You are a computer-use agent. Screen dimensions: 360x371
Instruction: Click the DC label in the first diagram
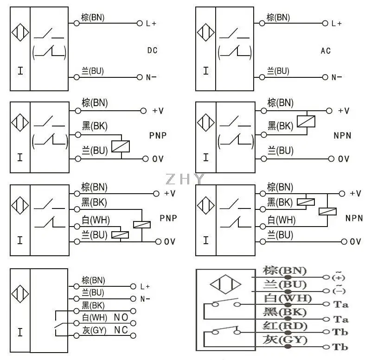(x=152, y=50)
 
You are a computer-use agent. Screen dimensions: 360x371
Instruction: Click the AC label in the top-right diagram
(x=326, y=50)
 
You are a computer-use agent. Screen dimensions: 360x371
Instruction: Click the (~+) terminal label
(x=339, y=277)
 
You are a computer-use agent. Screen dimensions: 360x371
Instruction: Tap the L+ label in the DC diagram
(x=151, y=23)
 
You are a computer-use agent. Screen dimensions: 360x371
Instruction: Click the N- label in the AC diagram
(x=336, y=77)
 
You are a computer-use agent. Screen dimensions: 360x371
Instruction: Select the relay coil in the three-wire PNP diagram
(x=121, y=146)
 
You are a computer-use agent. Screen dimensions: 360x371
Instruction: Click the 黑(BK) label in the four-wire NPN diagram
(x=280, y=202)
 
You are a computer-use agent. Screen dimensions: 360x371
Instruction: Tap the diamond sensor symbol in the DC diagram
(x=20, y=34)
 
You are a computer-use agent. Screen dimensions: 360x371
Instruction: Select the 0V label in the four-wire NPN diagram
(x=355, y=241)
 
